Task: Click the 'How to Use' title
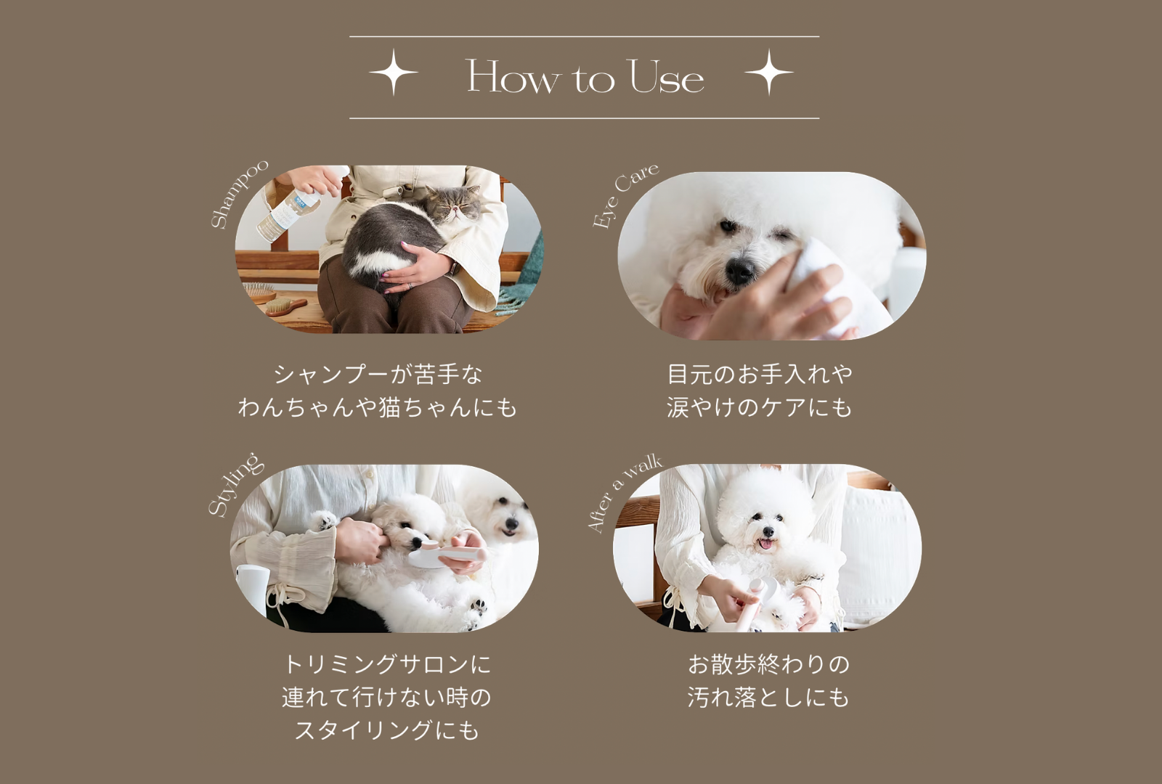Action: (x=585, y=77)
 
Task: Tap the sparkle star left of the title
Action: (x=394, y=72)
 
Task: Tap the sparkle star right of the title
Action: (x=769, y=72)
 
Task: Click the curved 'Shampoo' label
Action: (x=239, y=195)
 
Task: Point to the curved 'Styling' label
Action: (x=236, y=485)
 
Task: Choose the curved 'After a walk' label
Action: (x=624, y=493)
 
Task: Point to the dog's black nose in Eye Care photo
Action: (x=741, y=269)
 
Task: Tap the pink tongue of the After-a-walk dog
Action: (x=765, y=544)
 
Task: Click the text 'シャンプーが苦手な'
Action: (x=378, y=375)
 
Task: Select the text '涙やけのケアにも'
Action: (x=760, y=407)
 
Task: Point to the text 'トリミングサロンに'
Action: (x=387, y=664)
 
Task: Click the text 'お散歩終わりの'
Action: (x=769, y=664)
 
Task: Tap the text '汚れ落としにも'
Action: (x=769, y=698)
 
